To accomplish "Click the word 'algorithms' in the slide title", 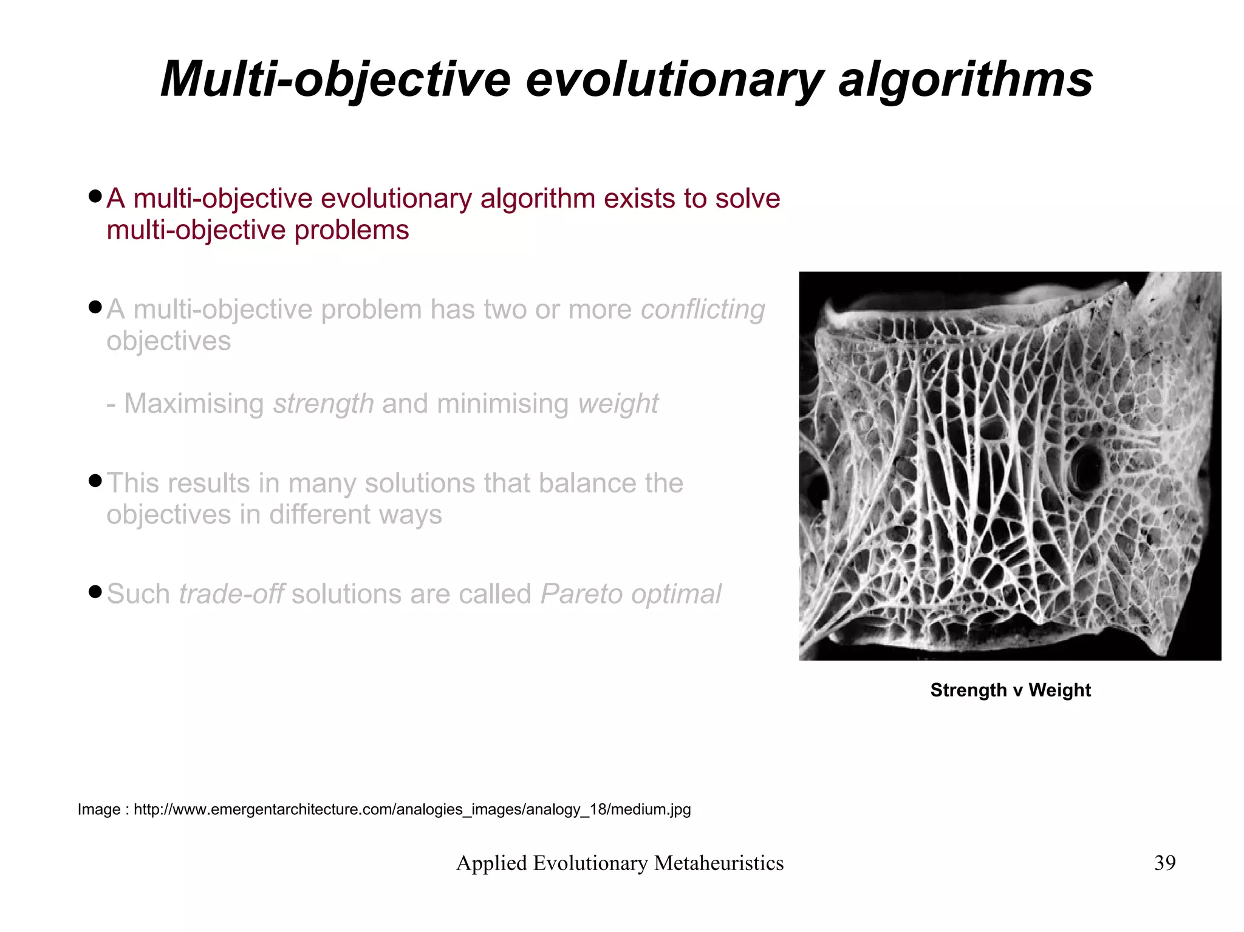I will [965, 80].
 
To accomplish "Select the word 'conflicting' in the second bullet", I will [703, 309].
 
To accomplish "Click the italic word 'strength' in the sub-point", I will [323, 404].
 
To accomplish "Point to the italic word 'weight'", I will [618, 404].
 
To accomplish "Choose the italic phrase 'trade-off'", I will [231, 594].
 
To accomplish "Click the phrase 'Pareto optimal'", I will [631, 594].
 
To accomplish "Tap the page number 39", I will [1164, 863].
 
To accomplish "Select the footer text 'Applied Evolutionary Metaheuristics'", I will [620, 863].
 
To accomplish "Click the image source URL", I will [412, 809].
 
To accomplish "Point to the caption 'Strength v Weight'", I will [1010, 690].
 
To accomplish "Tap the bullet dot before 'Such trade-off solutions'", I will [94, 591].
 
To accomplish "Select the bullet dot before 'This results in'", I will [94, 481].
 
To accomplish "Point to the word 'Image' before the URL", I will [99, 809].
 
